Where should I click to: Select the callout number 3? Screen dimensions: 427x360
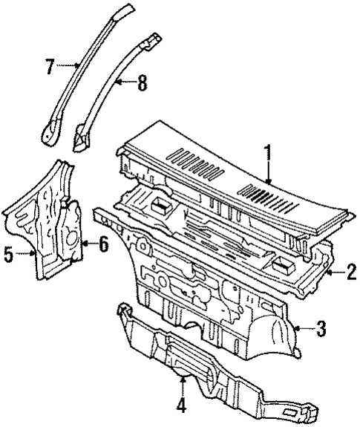tap(320, 328)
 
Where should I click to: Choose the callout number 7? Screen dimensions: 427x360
tap(49, 65)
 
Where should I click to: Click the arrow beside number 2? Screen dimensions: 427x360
tap(333, 273)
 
